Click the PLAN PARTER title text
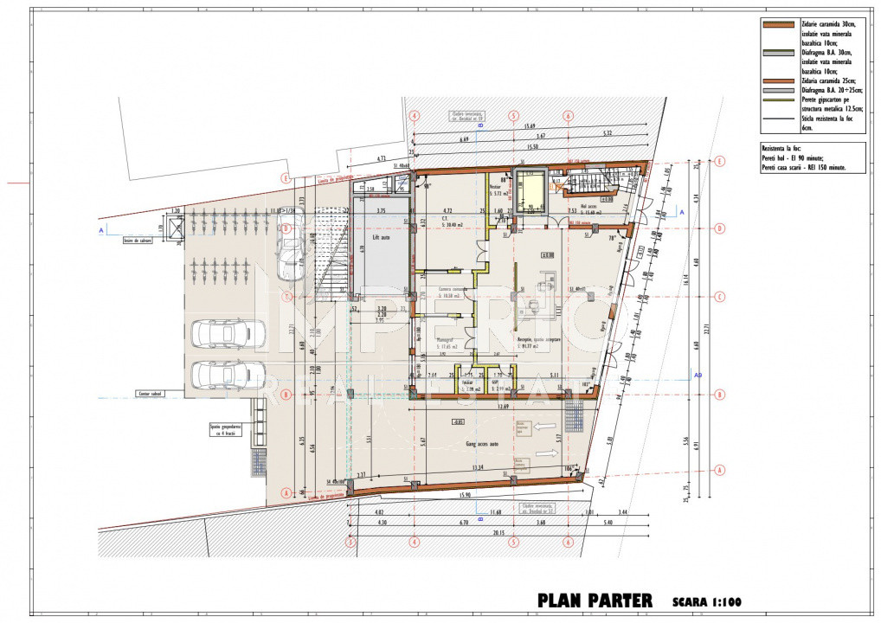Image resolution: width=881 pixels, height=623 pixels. (x=596, y=601)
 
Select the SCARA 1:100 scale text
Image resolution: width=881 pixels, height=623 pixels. (x=706, y=601)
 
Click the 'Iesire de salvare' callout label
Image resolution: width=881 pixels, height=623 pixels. (x=138, y=241)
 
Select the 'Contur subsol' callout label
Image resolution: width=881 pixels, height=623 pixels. (x=149, y=394)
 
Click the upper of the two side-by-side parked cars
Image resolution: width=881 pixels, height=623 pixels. (x=228, y=334)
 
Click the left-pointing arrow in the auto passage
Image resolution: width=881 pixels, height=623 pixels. (x=547, y=426)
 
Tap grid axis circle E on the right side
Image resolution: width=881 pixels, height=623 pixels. (x=718, y=161)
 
